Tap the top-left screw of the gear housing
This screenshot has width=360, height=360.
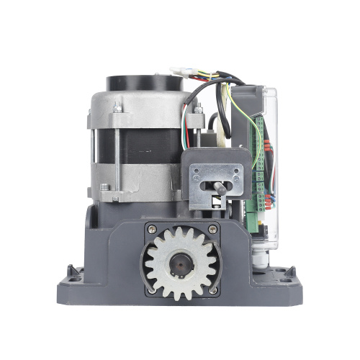tap(151, 230)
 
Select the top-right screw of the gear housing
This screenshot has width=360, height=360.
tap(212, 230)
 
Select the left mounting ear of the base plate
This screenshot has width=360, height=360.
tap(72, 273)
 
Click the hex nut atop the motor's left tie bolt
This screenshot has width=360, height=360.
tap(115, 108)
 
